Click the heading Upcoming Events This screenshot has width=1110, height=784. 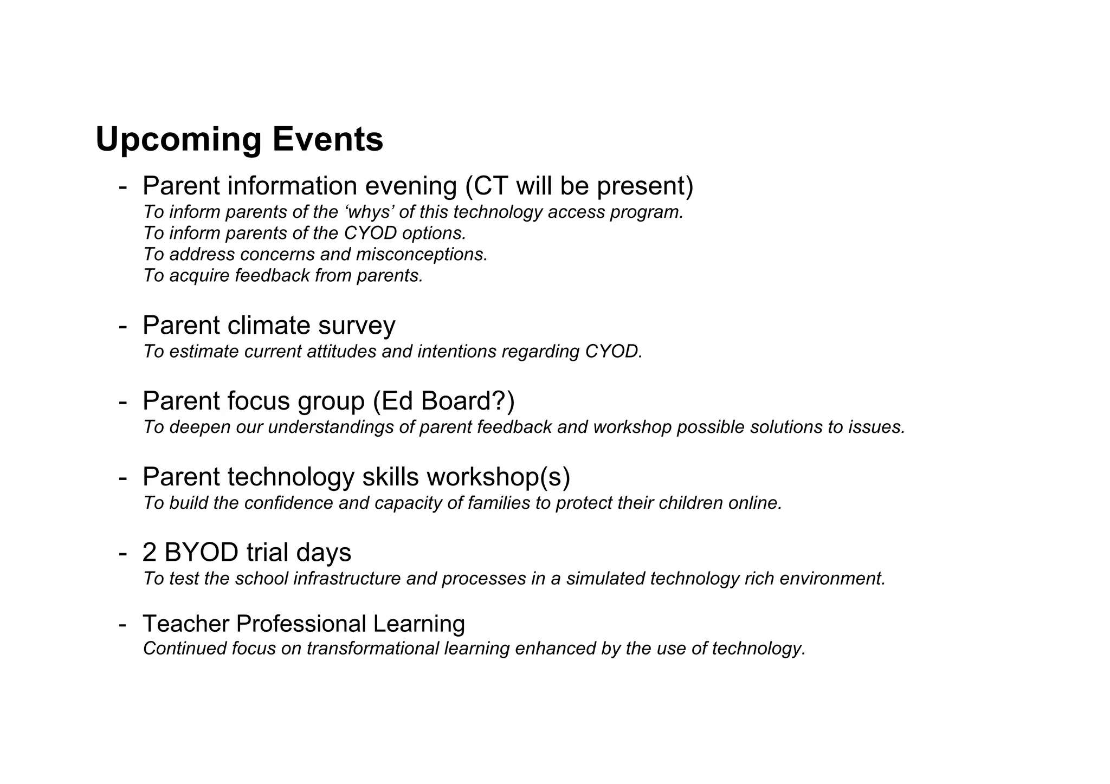pyautogui.click(x=239, y=139)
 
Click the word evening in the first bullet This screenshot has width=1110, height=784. pyautogui.click(x=411, y=186)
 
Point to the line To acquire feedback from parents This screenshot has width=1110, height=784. pyautogui.click(x=282, y=276)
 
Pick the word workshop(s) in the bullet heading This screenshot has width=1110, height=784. pyautogui.click(x=498, y=477)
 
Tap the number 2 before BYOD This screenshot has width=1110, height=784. pyautogui.click(x=149, y=553)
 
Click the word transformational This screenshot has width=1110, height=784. pyautogui.click(x=372, y=649)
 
